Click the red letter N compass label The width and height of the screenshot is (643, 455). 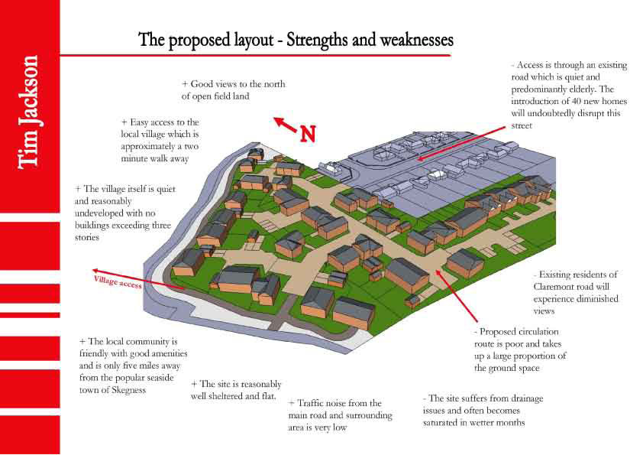[308, 134]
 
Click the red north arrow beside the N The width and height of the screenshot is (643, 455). [285, 125]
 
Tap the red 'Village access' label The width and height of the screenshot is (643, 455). [118, 281]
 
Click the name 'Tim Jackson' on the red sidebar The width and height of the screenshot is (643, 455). [28, 112]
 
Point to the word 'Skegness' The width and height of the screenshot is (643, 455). [129, 390]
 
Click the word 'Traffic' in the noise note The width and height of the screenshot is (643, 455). [310, 403]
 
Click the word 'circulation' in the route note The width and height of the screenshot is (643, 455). [540, 332]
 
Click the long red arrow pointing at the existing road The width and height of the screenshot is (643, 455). [461, 144]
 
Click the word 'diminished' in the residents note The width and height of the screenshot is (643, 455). [596, 299]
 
